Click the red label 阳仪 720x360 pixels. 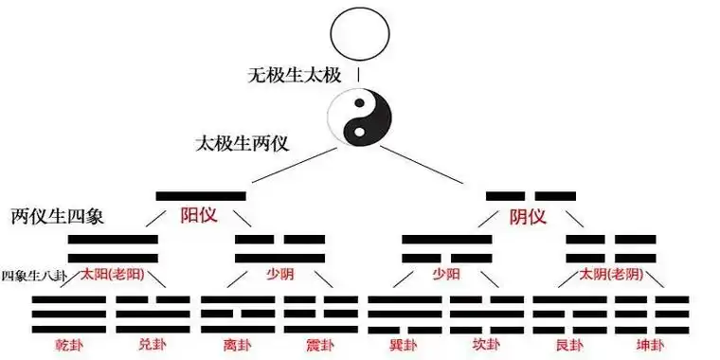(x=199, y=216)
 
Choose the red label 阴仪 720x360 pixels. (x=529, y=216)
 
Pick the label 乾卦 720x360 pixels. (x=69, y=344)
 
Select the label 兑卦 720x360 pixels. (x=152, y=344)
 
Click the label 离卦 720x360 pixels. (x=237, y=344)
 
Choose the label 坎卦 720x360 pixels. (x=487, y=344)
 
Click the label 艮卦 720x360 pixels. (x=569, y=344)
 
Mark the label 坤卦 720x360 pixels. (x=652, y=344)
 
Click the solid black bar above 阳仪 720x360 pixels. (x=201, y=196)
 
